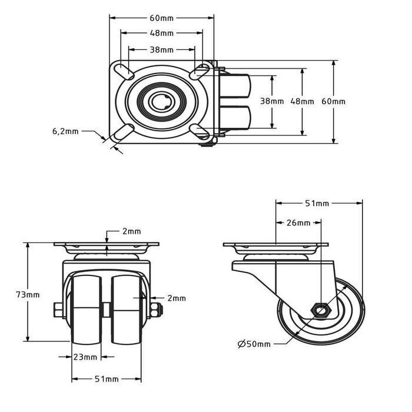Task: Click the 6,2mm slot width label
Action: point(65,131)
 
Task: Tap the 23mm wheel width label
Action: point(85,357)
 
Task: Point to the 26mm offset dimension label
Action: point(298,223)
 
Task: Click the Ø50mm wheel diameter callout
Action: point(254,344)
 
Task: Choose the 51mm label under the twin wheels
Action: point(107,378)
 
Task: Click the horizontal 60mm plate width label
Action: point(161,18)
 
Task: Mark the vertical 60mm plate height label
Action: point(333,101)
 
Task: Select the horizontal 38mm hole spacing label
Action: point(161,49)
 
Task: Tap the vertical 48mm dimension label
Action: point(303,101)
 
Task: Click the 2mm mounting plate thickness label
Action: point(132,231)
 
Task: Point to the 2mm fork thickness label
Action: point(176,298)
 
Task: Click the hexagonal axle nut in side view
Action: point(321,309)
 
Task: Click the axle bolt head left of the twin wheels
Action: point(58,310)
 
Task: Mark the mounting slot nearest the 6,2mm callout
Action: point(122,132)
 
